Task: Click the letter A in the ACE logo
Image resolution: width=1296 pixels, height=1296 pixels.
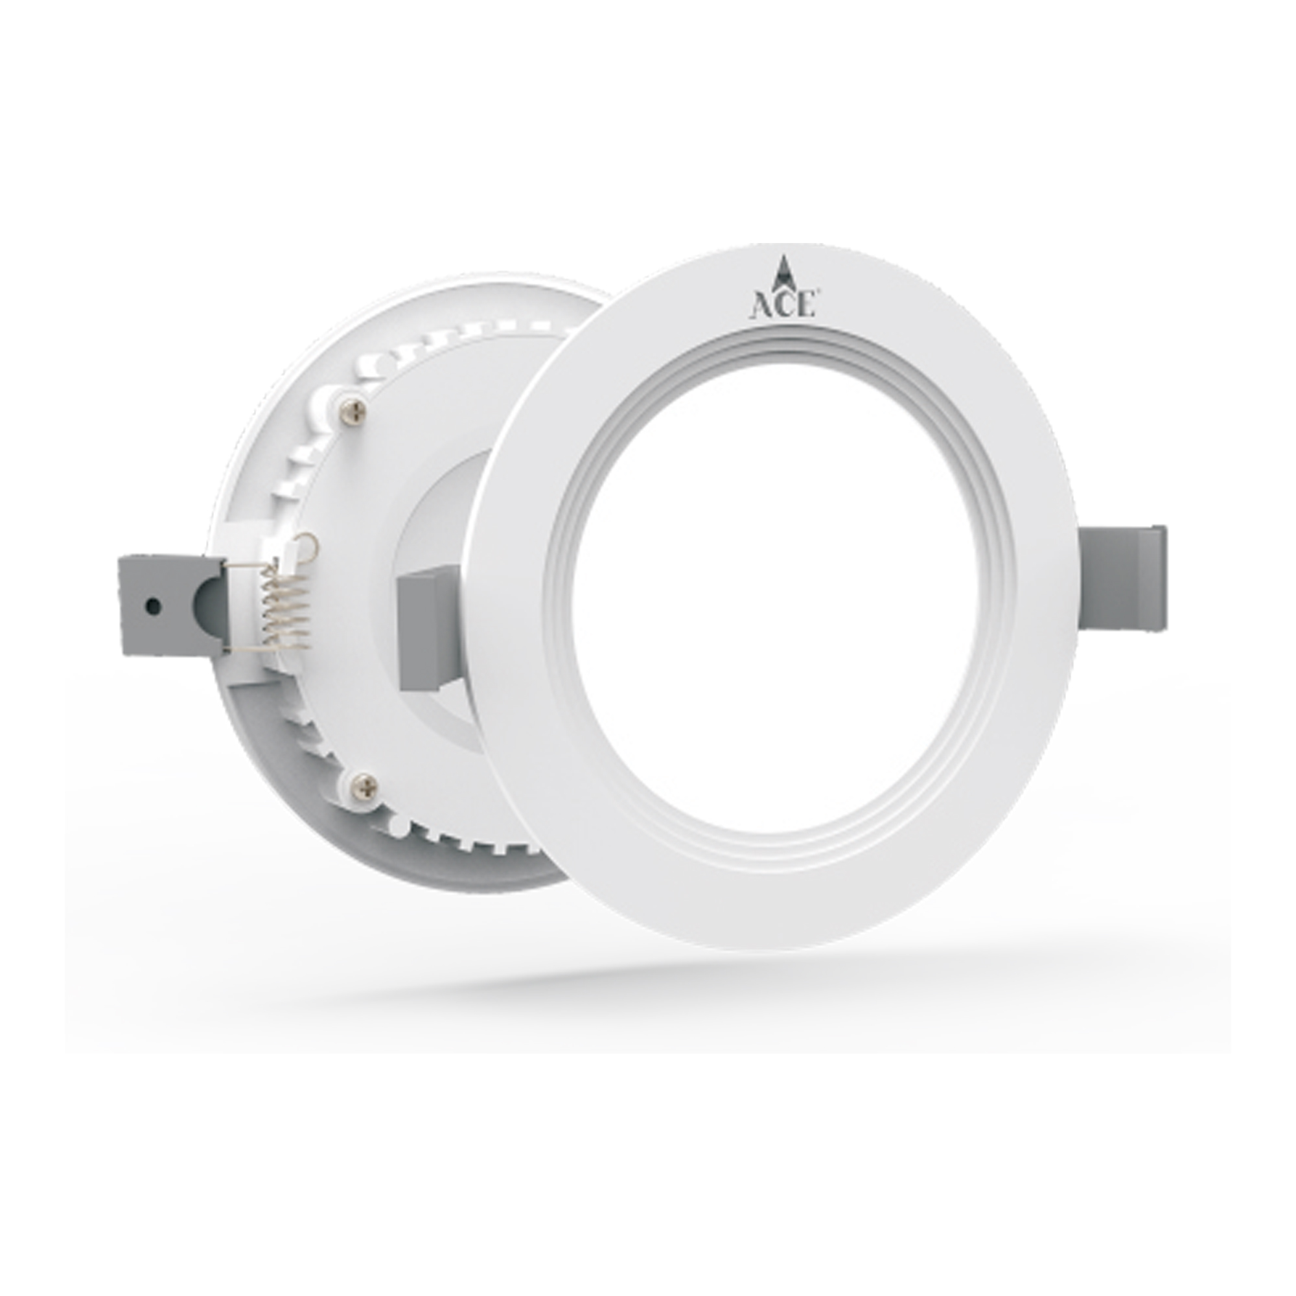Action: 759,306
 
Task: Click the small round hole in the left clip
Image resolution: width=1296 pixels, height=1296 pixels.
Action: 154,606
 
